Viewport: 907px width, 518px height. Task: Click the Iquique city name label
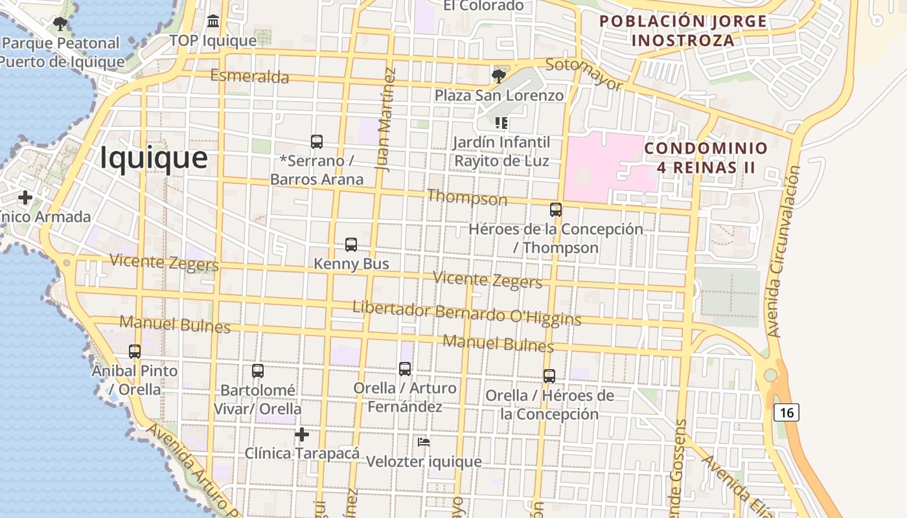click(154, 158)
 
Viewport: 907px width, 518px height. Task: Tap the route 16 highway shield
click(786, 412)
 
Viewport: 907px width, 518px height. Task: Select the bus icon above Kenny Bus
click(351, 245)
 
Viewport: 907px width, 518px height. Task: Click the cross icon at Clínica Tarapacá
click(301, 434)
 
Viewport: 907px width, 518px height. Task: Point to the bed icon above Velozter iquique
click(424, 442)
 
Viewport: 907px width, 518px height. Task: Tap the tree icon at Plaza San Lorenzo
click(498, 76)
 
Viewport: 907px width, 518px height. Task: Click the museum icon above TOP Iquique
click(213, 22)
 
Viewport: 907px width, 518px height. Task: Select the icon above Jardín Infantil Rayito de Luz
click(501, 122)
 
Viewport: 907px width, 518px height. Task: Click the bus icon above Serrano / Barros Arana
click(317, 142)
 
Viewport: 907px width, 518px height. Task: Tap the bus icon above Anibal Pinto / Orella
click(135, 352)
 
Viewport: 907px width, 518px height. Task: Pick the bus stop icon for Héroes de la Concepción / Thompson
click(556, 210)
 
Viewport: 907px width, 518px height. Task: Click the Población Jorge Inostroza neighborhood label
click(683, 30)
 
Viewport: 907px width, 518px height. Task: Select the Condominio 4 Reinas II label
click(706, 157)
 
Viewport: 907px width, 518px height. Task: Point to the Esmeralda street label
click(249, 76)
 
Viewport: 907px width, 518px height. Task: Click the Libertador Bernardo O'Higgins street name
click(466, 313)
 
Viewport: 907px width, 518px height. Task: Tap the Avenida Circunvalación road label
click(783, 251)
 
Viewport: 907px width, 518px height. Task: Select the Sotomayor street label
click(584, 74)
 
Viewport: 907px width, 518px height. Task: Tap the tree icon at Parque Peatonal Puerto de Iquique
click(60, 25)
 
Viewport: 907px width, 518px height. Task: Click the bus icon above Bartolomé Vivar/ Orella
click(258, 371)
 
